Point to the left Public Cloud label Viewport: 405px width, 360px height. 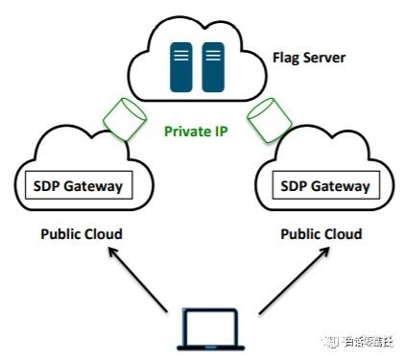81,233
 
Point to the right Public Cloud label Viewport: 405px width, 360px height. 322,233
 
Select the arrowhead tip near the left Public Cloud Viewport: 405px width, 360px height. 107,250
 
